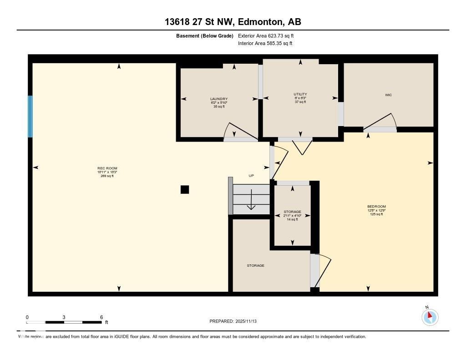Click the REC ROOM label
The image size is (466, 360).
pos(107,168)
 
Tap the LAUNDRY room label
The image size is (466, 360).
pos(219,99)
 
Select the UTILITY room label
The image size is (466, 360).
pos(300,94)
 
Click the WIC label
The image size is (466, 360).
pos(388,95)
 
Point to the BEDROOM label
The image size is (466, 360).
pos(376,207)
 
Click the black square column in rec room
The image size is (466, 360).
pos(185,190)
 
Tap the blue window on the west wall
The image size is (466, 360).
pos(30,117)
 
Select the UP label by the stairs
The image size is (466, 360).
pos(251,176)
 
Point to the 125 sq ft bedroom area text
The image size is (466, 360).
pos(376,214)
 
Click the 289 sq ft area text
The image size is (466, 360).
pos(107,176)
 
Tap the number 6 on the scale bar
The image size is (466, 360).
pos(101,317)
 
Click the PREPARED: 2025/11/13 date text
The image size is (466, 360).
pos(236,321)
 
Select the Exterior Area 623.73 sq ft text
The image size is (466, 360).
pos(269,35)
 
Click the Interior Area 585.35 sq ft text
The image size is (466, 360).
pos(265,44)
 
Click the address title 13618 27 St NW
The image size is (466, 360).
pos(233,22)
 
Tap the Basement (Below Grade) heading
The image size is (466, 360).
pos(205,35)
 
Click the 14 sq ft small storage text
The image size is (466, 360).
pos(292,219)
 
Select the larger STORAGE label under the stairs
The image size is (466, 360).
pos(255,265)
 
